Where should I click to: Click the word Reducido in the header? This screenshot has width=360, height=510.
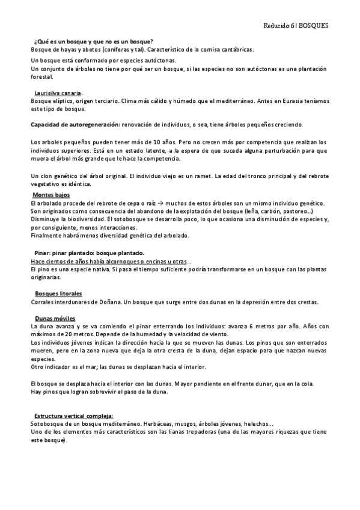[278, 27]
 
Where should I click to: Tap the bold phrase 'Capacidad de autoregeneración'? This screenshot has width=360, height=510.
[75, 124]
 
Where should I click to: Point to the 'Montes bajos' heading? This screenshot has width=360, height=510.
[52, 196]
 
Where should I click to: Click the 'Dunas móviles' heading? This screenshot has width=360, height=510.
[55, 318]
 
